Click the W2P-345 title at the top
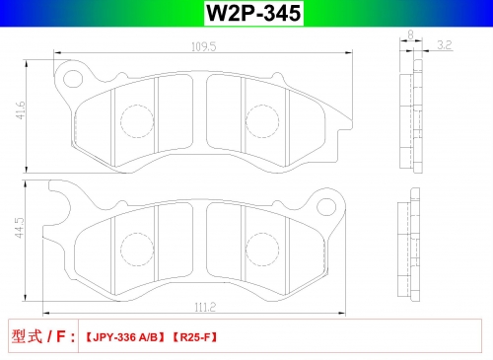tap(253, 13)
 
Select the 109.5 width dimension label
tap(204, 46)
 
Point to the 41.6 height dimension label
tap(20, 110)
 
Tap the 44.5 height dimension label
tap(20, 228)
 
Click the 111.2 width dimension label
tap(205, 308)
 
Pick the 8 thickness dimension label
tap(410, 35)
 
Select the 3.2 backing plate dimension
tap(445, 45)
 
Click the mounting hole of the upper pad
tap(73, 79)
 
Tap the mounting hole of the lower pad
tap(326, 206)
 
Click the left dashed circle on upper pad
tap(137, 121)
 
